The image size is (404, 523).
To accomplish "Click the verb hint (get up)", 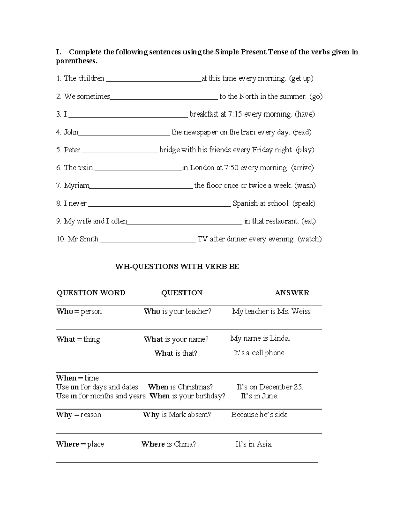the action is (x=301, y=78).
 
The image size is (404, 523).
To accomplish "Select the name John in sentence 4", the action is (x=71, y=132).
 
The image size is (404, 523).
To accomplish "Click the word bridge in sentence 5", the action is (x=170, y=150).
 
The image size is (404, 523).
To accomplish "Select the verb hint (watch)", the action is (x=309, y=239).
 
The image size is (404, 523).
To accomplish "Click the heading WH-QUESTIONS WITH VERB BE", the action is (x=177, y=267).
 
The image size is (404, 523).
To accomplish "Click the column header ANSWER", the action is (x=292, y=293).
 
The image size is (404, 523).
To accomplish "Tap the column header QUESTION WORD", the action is (x=91, y=293).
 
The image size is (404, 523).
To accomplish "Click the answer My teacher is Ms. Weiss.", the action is (x=272, y=312).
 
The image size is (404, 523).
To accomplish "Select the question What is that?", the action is (x=176, y=353).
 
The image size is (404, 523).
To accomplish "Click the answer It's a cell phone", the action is (x=259, y=353).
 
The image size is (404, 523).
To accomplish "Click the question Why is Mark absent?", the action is (x=177, y=415).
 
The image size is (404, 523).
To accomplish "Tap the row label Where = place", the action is (x=80, y=444).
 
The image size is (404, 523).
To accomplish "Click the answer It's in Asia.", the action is (x=254, y=444).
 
